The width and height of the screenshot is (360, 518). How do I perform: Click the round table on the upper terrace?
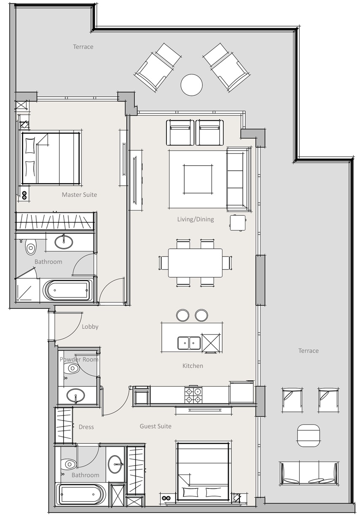(x=191, y=85)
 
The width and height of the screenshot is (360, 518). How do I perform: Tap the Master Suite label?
(x=79, y=195)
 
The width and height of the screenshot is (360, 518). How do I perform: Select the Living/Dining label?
(x=195, y=219)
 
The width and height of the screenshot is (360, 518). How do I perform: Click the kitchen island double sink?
(x=188, y=343)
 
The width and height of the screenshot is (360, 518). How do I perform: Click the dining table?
(x=195, y=262)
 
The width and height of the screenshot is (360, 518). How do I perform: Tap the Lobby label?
(x=90, y=326)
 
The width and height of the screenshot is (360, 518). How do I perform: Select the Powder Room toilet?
(x=72, y=368)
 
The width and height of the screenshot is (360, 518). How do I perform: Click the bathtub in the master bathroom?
(x=67, y=291)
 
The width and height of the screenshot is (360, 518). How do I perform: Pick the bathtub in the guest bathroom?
(x=80, y=494)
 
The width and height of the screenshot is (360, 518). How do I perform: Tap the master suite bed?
(x=51, y=158)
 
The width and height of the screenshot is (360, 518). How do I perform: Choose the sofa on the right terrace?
(x=309, y=473)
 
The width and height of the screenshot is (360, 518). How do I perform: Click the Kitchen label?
(x=193, y=366)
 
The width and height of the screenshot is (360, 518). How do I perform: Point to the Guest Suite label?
(x=156, y=426)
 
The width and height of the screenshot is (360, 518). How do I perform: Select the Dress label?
(x=86, y=427)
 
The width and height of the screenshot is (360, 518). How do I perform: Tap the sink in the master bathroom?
(x=64, y=242)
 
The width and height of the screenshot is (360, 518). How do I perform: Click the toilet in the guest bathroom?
(x=68, y=465)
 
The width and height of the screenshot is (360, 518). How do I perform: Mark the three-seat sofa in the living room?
(x=237, y=179)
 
